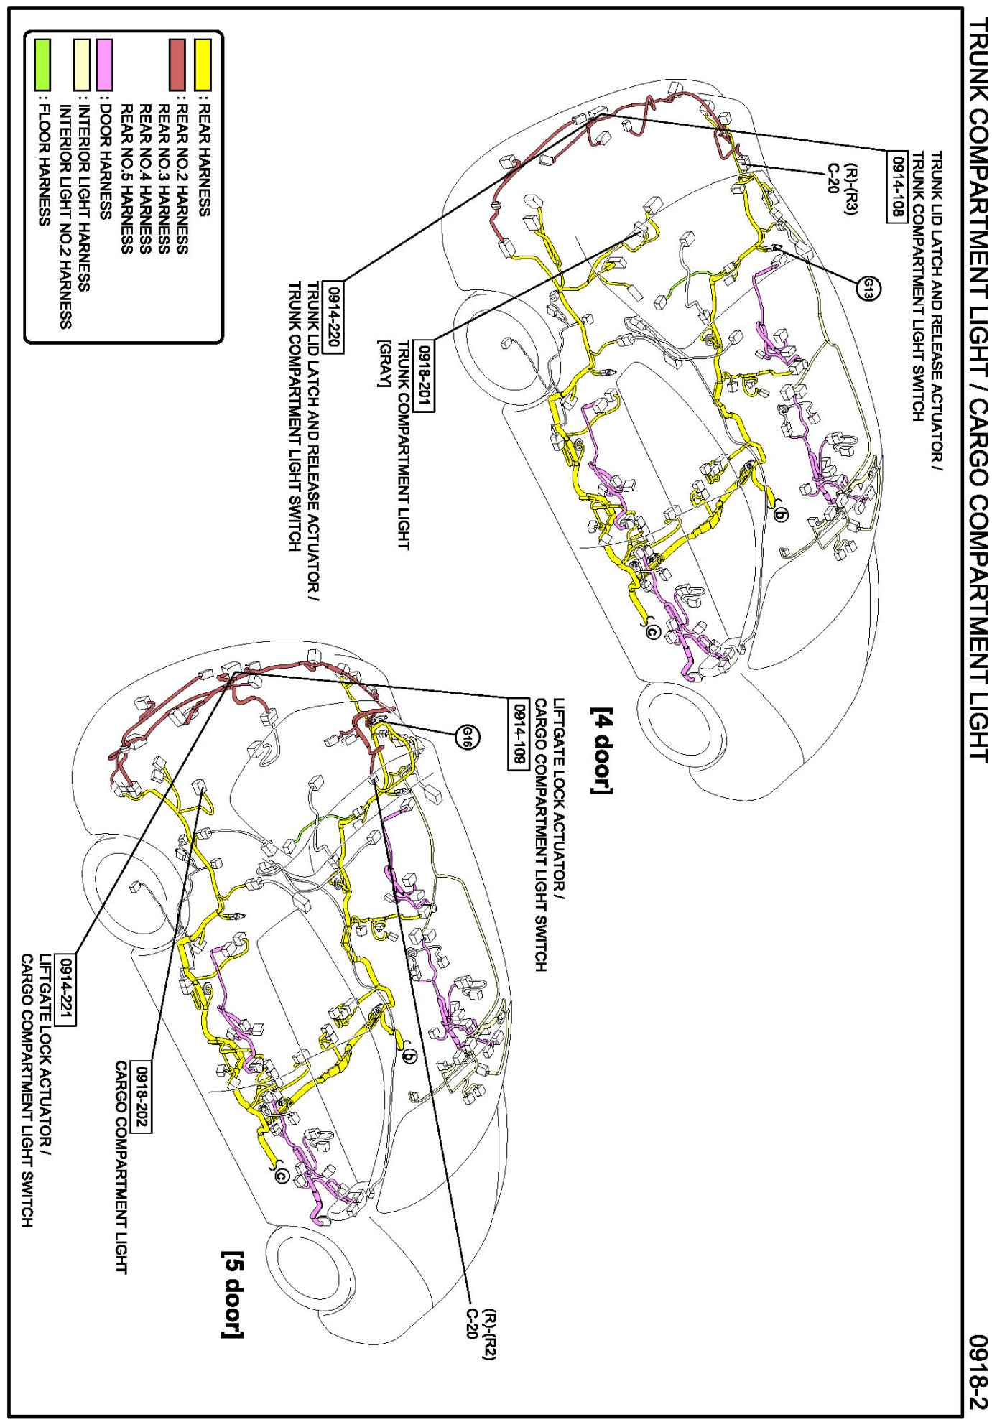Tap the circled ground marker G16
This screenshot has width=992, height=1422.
468,737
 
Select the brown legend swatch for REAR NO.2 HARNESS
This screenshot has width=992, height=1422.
177,65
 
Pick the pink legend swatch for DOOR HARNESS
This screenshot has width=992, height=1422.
105,65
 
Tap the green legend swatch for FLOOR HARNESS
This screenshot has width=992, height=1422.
42,65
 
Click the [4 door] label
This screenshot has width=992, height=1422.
602,750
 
